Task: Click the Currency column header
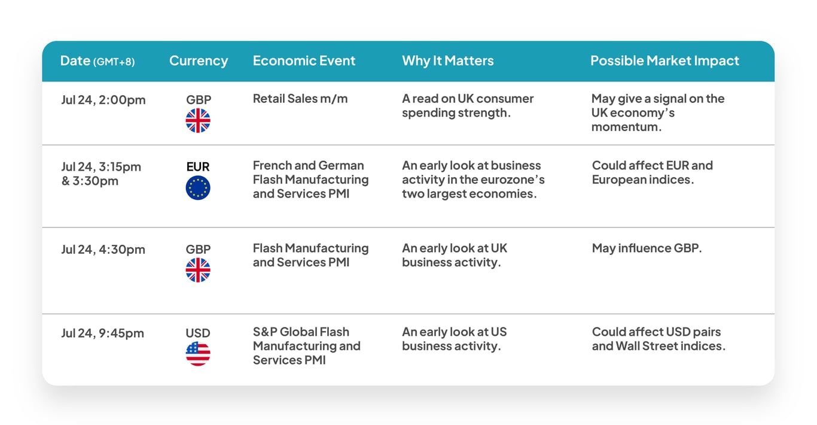pyautogui.click(x=199, y=60)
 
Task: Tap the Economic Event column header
pyautogui.click(x=304, y=60)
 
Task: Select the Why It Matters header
pyautogui.click(x=447, y=60)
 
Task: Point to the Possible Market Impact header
pyautogui.click(x=664, y=60)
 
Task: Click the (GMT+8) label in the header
pyautogui.click(x=114, y=62)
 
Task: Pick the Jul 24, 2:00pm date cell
pyautogui.click(x=103, y=100)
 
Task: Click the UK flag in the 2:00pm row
pyautogui.click(x=198, y=120)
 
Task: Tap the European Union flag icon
pyautogui.click(x=198, y=188)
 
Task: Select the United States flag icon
pyautogui.click(x=198, y=354)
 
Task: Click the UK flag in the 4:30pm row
pyautogui.click(x=198, y=270)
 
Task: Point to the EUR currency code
pyautogui.click(x=198, y=166)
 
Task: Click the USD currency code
pyautogui.click(x=198, y=333)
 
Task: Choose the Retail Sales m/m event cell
pyautogui.click(x=300, y=99)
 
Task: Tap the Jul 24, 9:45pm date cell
pyautogui.click(x=102, y=333)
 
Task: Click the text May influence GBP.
pyautogui.click(x=647, y=248)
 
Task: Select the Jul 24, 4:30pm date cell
pyautogui.click(x=103, y=250)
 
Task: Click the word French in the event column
pyautogui.click(x=272, y=165)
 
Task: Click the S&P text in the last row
pyautogui.click(x=265, y=332)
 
